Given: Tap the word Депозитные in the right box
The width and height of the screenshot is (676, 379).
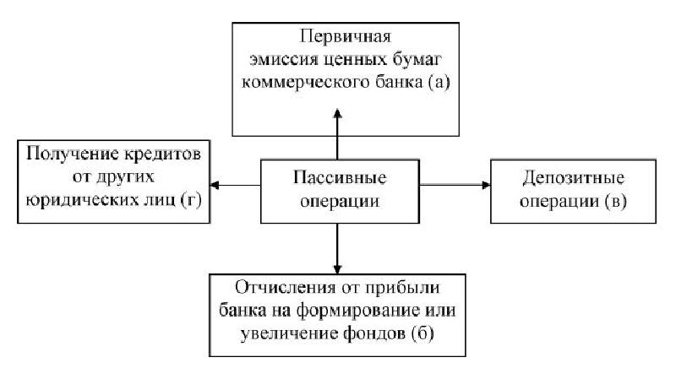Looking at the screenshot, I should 562,179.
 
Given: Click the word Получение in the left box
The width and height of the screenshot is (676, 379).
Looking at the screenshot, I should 68,157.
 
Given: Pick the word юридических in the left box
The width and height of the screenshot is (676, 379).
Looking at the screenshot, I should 82,202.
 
